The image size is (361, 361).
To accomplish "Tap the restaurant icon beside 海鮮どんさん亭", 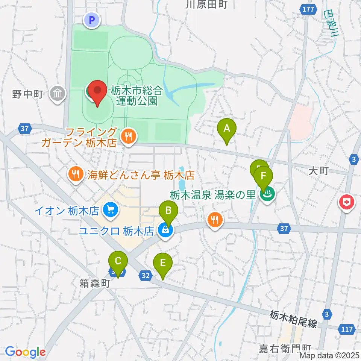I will pyautogui.click(x=76, y=174).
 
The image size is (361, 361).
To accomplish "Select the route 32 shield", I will pyautogui.click(x=146, y=276).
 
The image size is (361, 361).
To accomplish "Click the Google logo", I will pyautogui.click(x=25, y=352).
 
